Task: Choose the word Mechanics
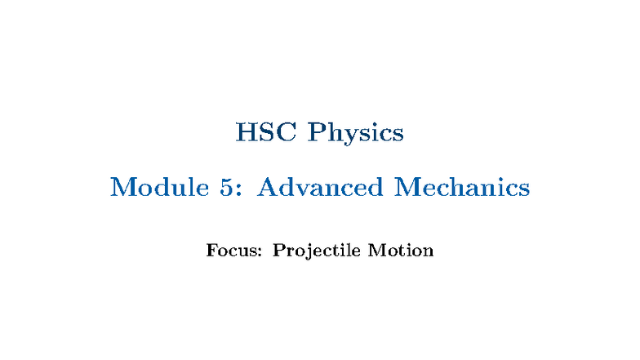pos(463,187)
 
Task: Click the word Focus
pos(232,250)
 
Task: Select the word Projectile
pos(317,251)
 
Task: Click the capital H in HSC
pos(246,132)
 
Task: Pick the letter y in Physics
pos(348,136)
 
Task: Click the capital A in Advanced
pos(268,187)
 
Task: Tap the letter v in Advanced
pos(304,189)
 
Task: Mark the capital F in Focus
pos(212,250)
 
